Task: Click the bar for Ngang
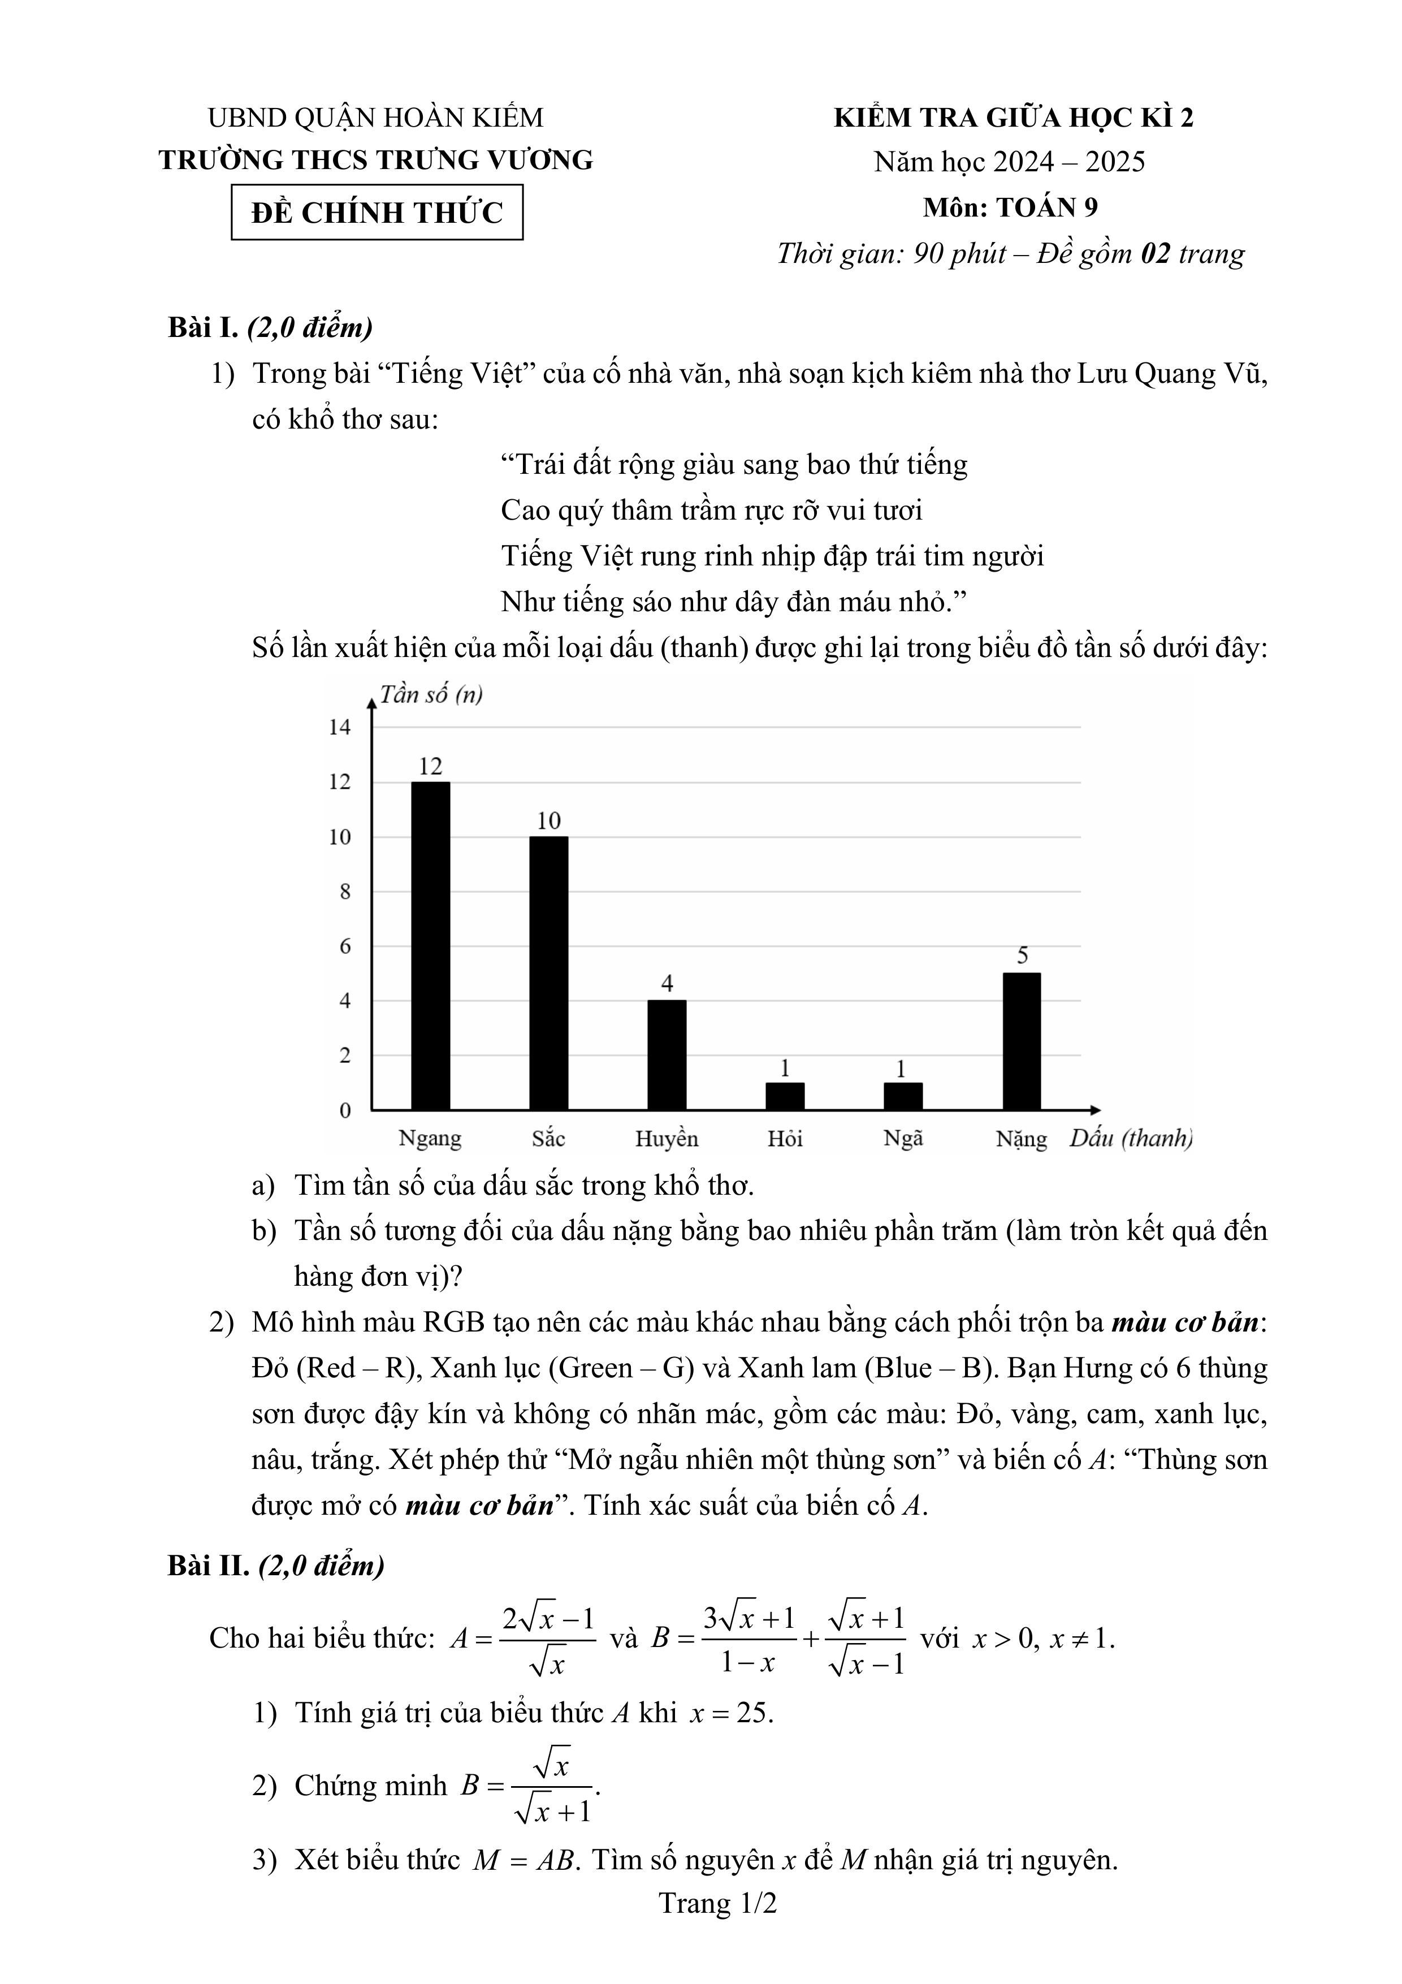click(x=430, y=945)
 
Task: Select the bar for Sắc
click(x=548, y=973)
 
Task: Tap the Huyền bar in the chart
click(x=667, y=1054)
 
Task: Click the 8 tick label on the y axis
click(x=345, y=891)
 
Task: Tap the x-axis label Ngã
click(x=903, y=1138)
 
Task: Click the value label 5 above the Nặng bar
click(x=1023, y=955)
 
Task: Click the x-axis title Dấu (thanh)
click(x=1131, y=1138)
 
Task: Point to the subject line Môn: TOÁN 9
click(x=1010, y=208)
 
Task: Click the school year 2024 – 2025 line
click(x=1009, y=162)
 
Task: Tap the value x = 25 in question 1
click(x=731, y=1713)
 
